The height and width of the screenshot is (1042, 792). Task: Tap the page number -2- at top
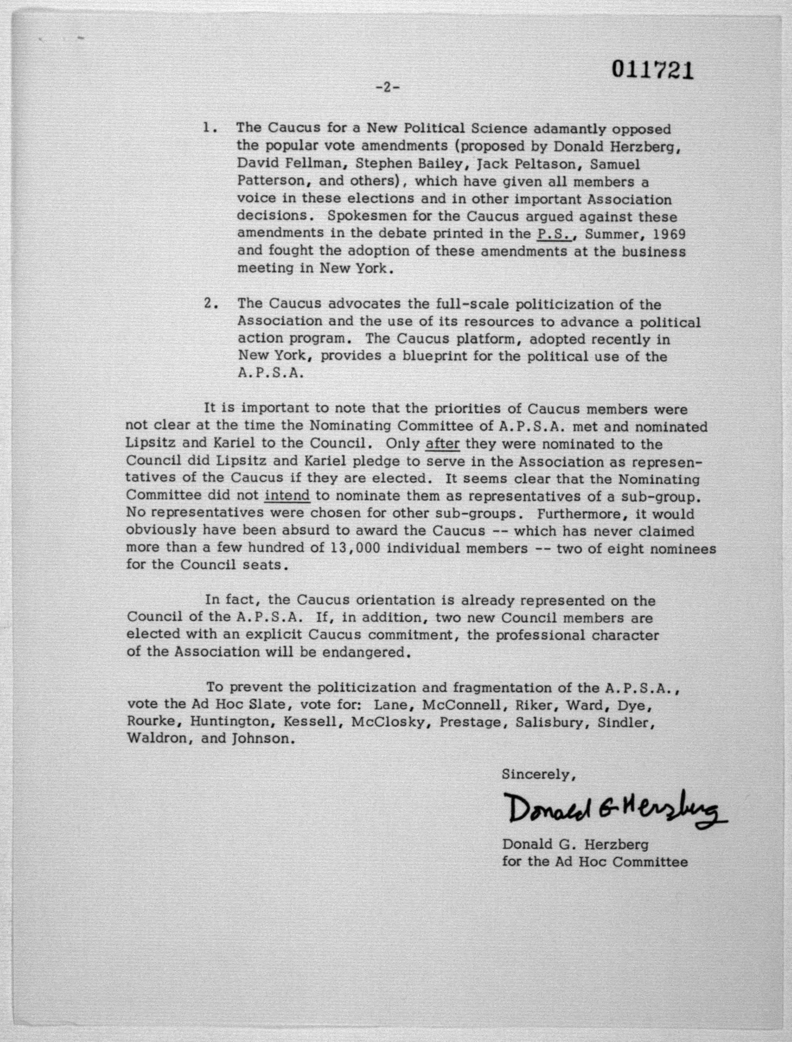387,88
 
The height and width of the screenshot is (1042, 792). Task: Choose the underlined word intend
287,496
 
